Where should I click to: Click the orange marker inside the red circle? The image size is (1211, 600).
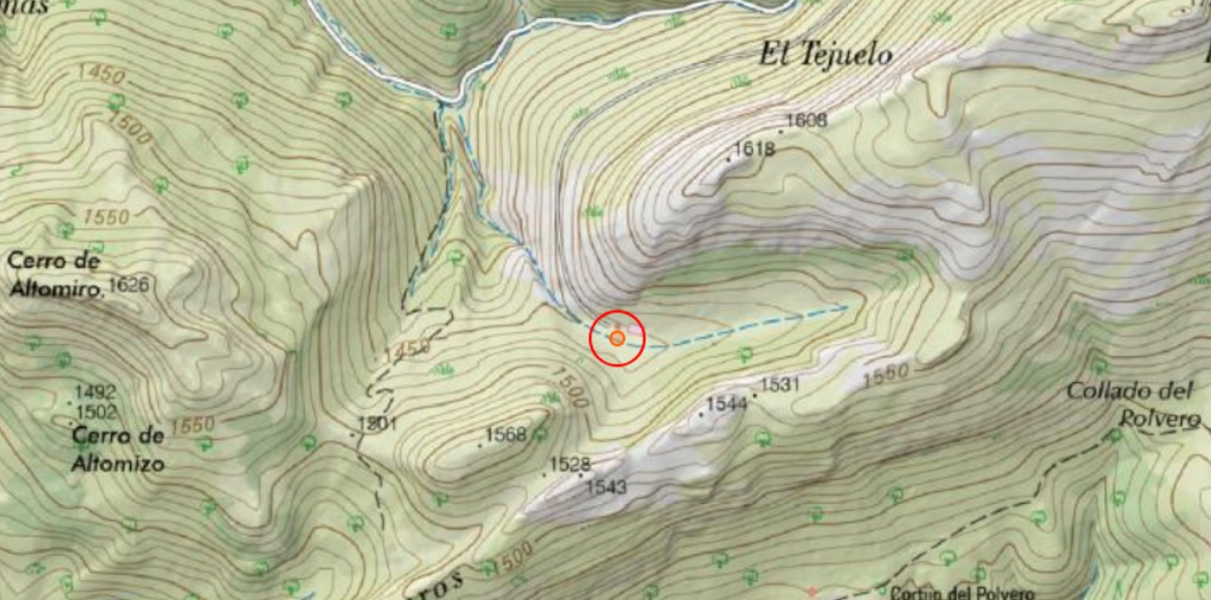click(x=616, y=338)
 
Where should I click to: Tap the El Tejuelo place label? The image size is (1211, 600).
click(x=825, y=55)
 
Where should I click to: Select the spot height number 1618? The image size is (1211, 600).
click(x=753, y=148)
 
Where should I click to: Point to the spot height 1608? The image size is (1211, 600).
click(x=806, y=119)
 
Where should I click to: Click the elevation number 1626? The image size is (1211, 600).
click(x=128, y=286)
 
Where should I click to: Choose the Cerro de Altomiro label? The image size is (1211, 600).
click(x=53, y=274)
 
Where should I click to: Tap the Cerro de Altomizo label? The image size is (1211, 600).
click(x=119, y=449)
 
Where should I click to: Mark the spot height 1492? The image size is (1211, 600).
click(x=95, y=393)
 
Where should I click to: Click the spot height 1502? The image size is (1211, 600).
click(x=95, y=412)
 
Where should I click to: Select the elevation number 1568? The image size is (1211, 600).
click(x=506, y=434)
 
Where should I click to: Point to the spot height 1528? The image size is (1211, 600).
click(x=570, y=464)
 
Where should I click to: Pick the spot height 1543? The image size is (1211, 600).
click(x=606, y=487)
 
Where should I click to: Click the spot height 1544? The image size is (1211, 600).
click(x=727, y=403)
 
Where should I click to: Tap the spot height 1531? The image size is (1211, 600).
click(x=780, y=385)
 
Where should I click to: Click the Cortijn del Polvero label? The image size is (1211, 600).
click(x=961, y=593)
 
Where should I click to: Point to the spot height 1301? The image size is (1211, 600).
click(x=378, y=423)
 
